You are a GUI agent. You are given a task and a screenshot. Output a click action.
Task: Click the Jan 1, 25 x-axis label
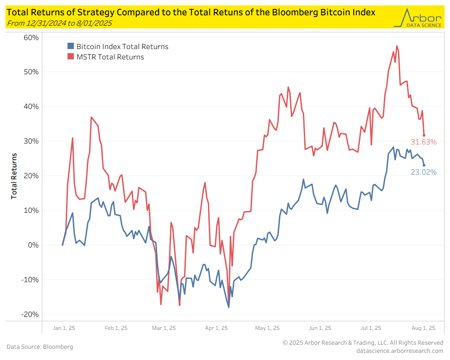click(64, 328)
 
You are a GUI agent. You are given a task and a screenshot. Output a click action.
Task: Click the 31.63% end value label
click(423, 142)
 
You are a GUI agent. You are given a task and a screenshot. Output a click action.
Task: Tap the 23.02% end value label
click(423, 172)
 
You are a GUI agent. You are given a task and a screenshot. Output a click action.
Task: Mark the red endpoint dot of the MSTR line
click(424, 135)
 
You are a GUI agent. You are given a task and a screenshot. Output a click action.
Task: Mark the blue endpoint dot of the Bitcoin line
click(424, 165)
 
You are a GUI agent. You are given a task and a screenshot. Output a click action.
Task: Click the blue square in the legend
click(71, 46)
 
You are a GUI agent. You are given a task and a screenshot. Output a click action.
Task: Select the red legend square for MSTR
click(71, 57)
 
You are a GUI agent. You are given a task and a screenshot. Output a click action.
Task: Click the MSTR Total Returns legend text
click(110, 57)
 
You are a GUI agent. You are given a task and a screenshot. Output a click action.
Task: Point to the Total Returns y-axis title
click(14, 175)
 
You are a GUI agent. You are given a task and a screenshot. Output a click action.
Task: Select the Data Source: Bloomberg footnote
click(40, 347)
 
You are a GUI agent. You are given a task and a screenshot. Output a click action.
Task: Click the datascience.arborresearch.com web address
click(399, 351)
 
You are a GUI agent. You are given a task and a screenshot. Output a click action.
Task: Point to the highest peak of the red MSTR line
click(397, 46)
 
